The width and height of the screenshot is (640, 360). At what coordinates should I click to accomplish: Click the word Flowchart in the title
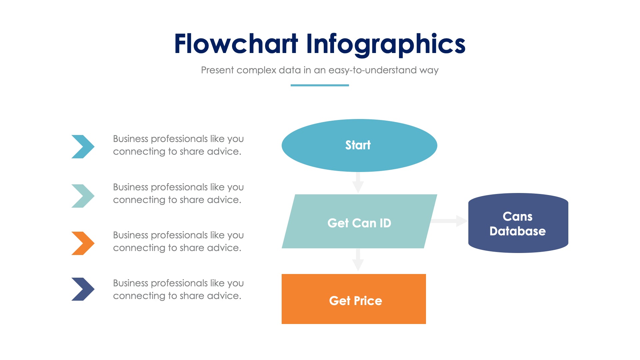pyautogui.click(x=236, y=44)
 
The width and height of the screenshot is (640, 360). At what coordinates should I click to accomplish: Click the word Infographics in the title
pyautogui.click(x=386, y=44)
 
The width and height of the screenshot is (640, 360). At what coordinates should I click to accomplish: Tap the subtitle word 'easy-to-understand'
pyautogui.click(x=372, y=70)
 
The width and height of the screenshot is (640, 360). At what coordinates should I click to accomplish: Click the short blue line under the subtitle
pyautogui.click(x=320, y=85)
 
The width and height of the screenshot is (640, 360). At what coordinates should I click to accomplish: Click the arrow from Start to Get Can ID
pyautogui.click(x=358, y=183)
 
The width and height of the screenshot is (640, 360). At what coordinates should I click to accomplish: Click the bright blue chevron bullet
pyautogui.click(x=83, y=147)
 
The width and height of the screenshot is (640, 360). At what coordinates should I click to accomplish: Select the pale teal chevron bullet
pyautogui.click(x=83, y=196)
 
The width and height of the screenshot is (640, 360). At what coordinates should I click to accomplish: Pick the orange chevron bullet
pyautogui.click(x=83, y=243)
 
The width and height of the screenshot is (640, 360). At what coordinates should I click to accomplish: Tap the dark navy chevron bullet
pyautogui.click(x=83, y=289)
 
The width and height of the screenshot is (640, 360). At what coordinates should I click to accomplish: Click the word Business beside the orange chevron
pyautogui.click(x=130, y=235)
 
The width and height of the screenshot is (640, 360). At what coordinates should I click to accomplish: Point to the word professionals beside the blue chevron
pyautogui.click(x=179, y=139)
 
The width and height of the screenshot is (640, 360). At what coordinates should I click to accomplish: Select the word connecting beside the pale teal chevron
pyautogui.click(x=139, y=200)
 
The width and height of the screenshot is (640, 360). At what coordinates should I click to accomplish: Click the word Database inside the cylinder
pyautogui.click(x=517, y=231)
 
